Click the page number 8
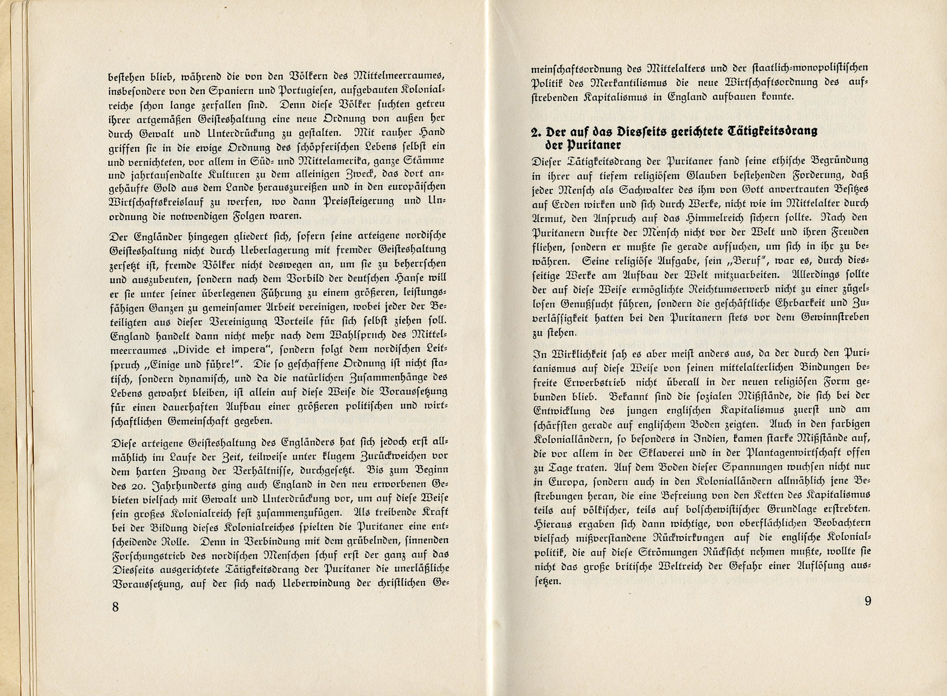(115, 606)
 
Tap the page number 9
(867, 601)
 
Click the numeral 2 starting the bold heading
(534, 132)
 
